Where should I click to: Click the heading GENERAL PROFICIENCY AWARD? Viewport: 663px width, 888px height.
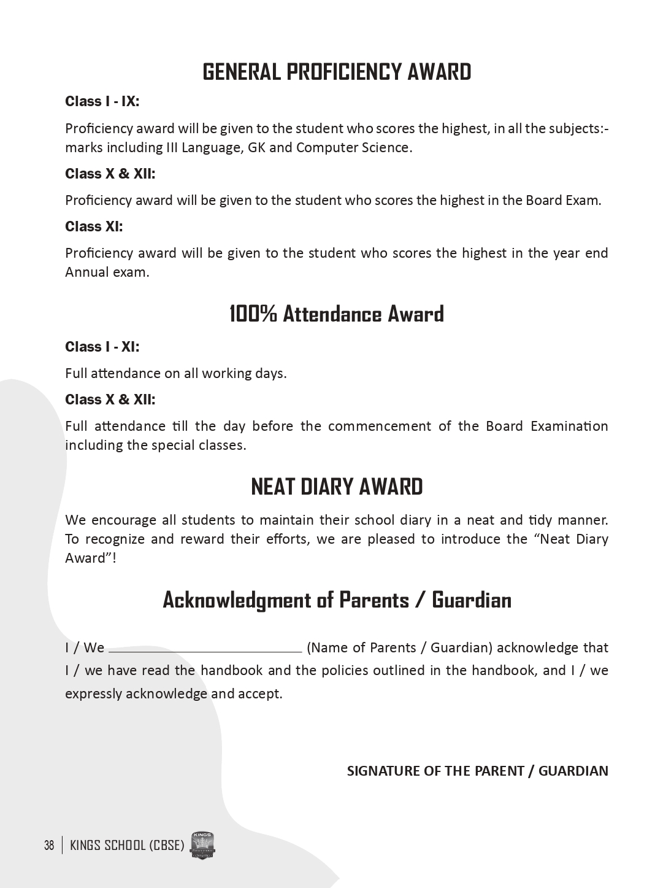[x=337, y=72]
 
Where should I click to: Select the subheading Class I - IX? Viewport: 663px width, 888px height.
[x=102, y=102]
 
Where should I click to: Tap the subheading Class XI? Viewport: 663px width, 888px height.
[x=94, y=227]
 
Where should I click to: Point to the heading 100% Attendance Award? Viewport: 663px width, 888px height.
[x=337, y=314]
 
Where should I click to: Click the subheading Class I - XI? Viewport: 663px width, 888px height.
[x=102, y=347]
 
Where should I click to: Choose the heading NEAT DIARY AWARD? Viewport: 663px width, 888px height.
[x=337, y=487]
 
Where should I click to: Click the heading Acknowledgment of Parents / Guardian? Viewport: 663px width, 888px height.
[x=337, y=600]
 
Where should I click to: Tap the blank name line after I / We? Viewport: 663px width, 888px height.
[x=205, y=649]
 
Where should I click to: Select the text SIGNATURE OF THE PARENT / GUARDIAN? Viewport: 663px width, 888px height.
[x=477, y=771]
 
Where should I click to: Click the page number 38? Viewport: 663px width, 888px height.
[x=49, y=846]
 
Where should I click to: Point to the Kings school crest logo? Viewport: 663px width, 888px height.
[x=202, y=846]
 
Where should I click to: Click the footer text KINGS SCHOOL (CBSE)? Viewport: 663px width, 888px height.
[x=127, y=846]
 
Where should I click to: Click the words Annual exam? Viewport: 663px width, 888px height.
[x=107, y=272]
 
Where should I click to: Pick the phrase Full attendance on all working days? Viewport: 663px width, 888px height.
[x=175, y=374]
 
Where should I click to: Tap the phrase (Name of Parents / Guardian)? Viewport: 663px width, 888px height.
[x=399, y=648]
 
